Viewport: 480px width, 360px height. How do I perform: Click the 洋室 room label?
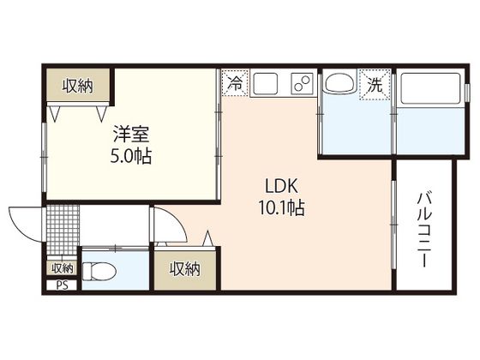pyautogui.click(x=131, y=134)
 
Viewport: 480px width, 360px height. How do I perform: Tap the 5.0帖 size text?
pyautogui.click(x=131, y=156)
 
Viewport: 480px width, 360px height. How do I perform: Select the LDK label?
pyautogui.click(x=281, y=186)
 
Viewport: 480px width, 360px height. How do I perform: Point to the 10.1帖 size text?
pyautogui.click(x=281, y=207)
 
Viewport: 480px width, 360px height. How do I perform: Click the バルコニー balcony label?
pyautogui.click(x=424, y=230)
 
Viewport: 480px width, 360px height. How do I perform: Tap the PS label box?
pyautogui.click(x=62, y=285)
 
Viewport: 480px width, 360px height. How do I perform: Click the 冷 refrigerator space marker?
pyautogui.click(x=235, y=83)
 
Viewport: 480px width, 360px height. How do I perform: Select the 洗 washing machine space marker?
pyautogui.click(x=375, y=85)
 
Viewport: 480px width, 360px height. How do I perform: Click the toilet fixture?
pyautogui.click(x=99, y=271)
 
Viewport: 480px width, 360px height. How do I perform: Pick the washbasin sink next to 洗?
pyautogui.click(x=340, y=81)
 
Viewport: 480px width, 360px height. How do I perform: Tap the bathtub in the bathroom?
pyautogui.click(x=431, y=88)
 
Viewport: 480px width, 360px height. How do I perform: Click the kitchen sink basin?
pyautogui.click(x=266, y=84)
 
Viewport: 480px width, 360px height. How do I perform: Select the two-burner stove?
pyautogui.click(x=303, y=82)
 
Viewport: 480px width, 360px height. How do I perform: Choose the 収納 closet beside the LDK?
pyautogui.click(x=185, y=269)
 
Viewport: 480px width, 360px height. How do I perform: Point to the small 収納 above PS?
pyautogui.click(x=62, y=268)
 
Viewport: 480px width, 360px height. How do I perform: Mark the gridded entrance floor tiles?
pyautogui.click(x=63, y=230)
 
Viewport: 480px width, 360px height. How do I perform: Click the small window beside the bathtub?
pyautogui.click(x=467, y=93)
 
